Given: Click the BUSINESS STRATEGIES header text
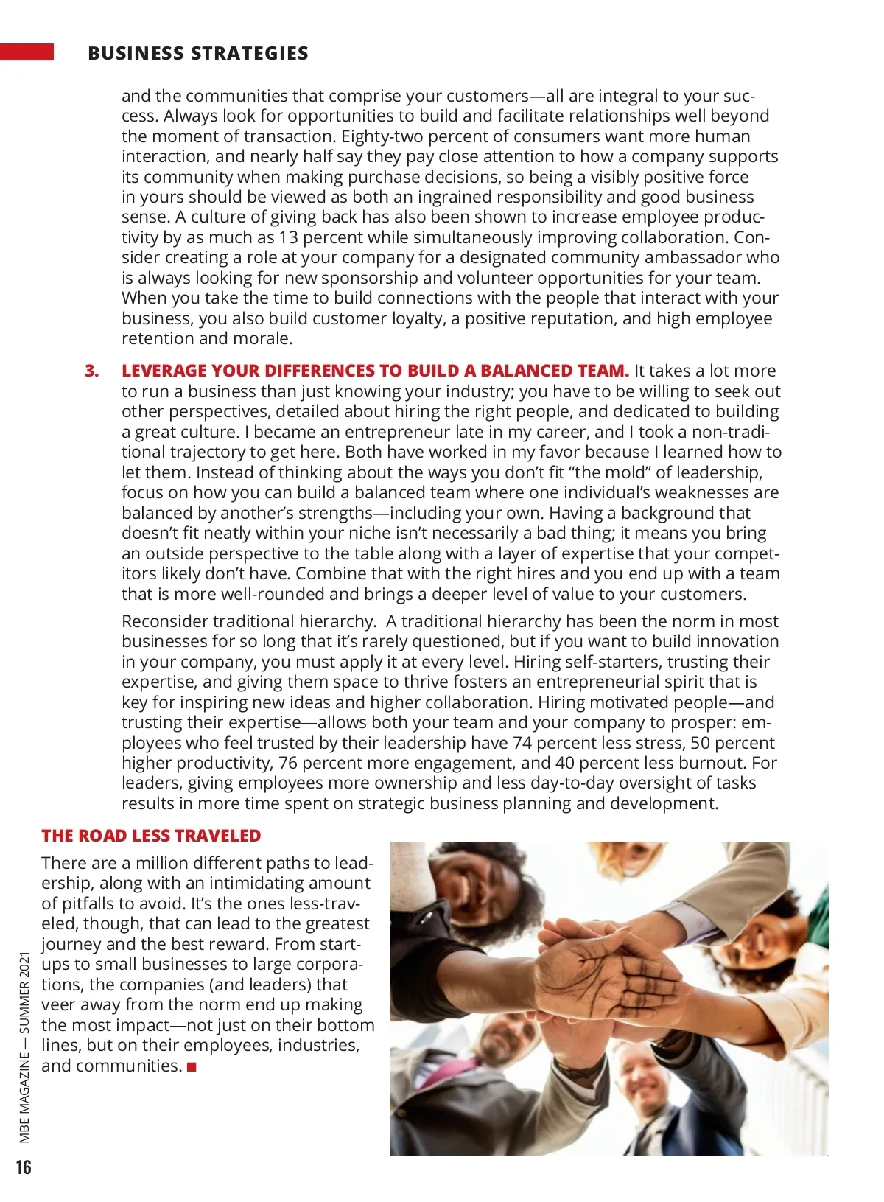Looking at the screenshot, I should [x=197, y=53].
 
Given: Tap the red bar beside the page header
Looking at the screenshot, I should [x=27, y=52].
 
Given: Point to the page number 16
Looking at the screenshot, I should [x=24, y=1167].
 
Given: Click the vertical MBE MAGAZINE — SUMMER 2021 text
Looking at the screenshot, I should [x=25, y=1047].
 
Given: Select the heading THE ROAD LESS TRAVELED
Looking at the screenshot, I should [x=151, y=836].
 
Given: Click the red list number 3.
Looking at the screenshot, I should [x=91, y=371].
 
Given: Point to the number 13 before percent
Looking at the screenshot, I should [x=288, y=237].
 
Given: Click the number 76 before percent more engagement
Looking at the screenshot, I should [x=288, y=763].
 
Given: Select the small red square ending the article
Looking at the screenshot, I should [x=192, y=1066].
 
